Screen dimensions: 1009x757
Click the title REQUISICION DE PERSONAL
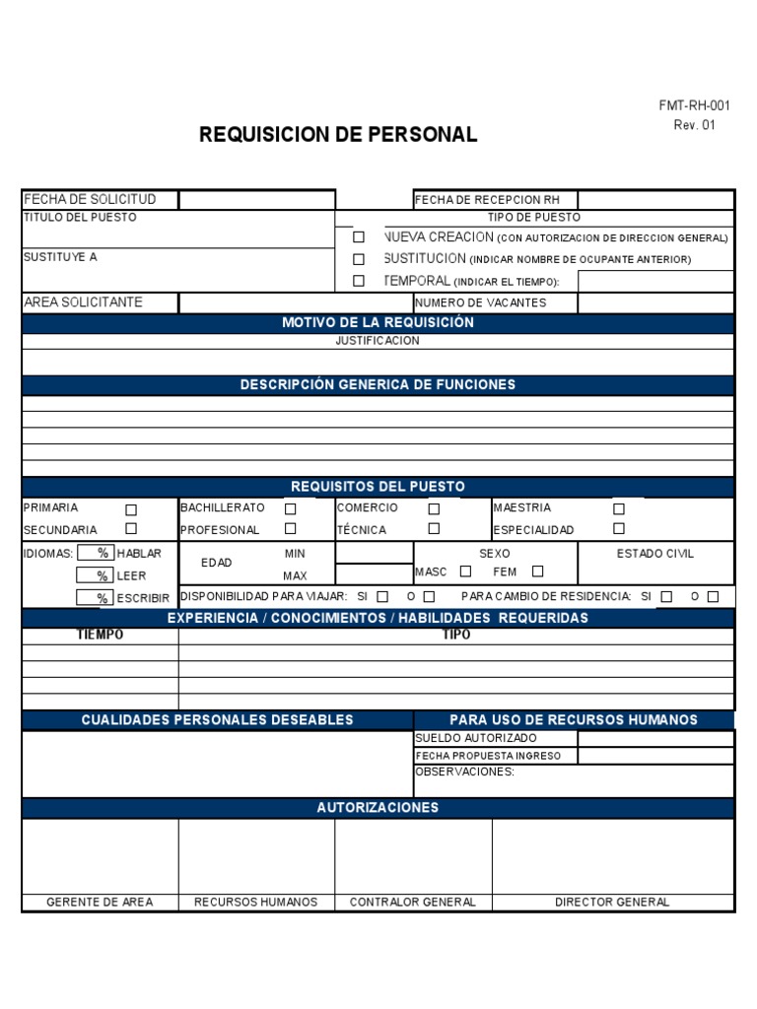[x=338, y=135]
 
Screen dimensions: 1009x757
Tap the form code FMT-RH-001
[x=694, y=106]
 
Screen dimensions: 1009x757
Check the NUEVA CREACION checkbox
[x=359, y=237]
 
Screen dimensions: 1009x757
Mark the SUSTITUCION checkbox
[x=359, y=259]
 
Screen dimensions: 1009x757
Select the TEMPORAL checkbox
[x=359, y=281]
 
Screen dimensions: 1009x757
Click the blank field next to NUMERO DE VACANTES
[x=654, y=303]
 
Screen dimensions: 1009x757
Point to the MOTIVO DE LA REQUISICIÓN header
[x=378, y=323]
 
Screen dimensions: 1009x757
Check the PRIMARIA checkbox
[x=131, y=509]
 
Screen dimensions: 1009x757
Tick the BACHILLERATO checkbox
[x=290, y=509]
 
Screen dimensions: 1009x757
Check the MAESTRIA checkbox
[x=619, y=509]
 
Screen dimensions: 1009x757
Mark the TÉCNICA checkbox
[x=434, y=529]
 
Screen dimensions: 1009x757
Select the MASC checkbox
[x=466, y=572]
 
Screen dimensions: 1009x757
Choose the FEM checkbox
[x=537, y=572]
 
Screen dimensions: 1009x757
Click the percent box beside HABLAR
[x=95, y=554]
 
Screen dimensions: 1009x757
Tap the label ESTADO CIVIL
[x=654, y=554]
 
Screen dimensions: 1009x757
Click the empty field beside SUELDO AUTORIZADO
[x=654, y=738]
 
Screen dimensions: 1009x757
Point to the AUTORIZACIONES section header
[x=378, y=808]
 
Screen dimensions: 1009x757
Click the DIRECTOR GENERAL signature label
[x=612, y=902]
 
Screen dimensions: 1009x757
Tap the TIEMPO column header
[x=101, y=636]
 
